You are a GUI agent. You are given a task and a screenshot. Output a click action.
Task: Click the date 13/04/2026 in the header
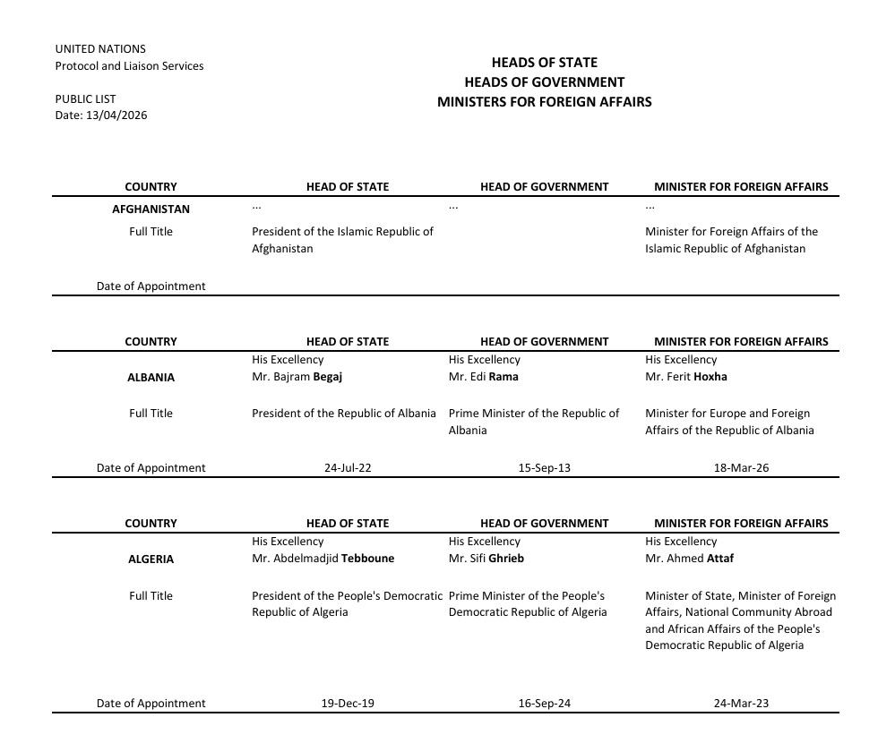(x=116, y=115)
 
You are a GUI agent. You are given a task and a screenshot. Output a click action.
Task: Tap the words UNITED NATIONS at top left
(x=100, y=49)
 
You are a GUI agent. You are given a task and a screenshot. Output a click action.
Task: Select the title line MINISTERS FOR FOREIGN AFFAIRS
(x=544, y=102)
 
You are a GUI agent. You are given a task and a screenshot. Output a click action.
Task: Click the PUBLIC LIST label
(x=85, y=99)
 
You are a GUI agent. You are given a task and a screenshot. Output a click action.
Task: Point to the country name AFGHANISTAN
(x=151, y=209)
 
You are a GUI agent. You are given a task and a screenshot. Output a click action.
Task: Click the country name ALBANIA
(x=151, y=378)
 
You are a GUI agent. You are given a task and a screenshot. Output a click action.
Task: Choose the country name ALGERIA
(x=151, y=559)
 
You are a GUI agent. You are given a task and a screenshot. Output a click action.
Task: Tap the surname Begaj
(x=327, y=377)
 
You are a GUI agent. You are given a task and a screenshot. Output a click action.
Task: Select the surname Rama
(x=503, y=377)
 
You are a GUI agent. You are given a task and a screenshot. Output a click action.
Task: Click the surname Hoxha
(x=710, y=377)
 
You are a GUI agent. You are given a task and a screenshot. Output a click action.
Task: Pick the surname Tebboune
(x=367, y=559)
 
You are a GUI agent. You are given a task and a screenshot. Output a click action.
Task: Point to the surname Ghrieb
(x=506, y=559)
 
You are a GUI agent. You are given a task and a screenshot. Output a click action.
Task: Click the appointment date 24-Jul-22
(x=348, y=468)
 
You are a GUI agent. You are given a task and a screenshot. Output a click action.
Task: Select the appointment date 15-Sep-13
(x=544, y=468)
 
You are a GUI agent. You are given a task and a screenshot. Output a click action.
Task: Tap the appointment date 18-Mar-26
(x=741, y=468)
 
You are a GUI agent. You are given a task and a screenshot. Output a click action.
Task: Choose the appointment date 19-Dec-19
(x=348, y=704)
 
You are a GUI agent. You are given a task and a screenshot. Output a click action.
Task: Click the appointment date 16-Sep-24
(x=544, y=704)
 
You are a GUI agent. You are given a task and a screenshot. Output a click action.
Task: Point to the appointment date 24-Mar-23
(x=741, y=704)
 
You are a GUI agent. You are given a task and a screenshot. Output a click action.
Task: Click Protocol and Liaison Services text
(x=129, y=66)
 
